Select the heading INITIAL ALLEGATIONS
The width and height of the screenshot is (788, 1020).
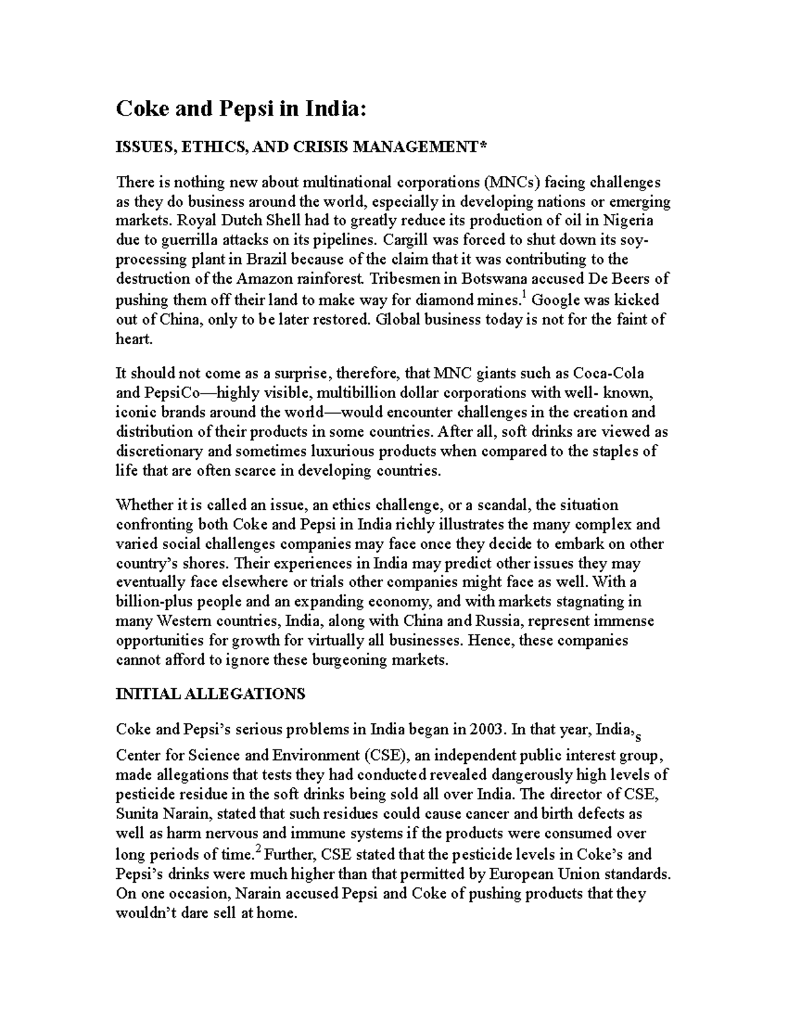(x=210, y=694)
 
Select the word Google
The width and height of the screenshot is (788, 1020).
(x=554, y=300)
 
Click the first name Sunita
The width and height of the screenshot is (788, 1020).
(x=137, y=814)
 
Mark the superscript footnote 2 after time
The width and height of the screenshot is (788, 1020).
(x=257, y=851)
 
